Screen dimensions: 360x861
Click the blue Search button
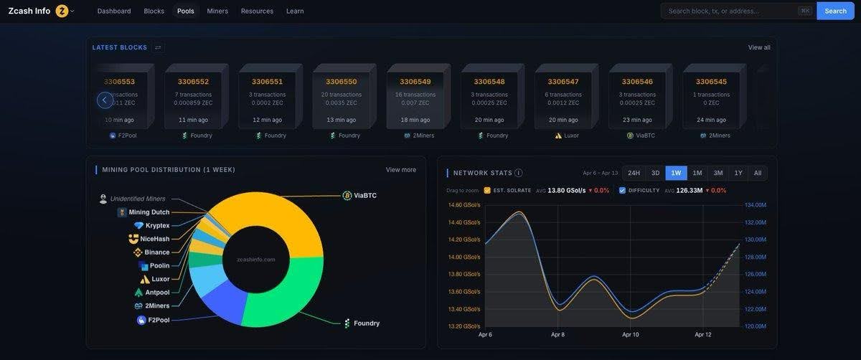click(835, 11)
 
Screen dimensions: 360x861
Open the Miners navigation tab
click(218, 11)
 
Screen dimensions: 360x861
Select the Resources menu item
click(257, 11)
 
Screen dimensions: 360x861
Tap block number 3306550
click(341, 82)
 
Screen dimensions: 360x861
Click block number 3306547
click(563, 82)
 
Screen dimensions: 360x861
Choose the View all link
click(759, 47)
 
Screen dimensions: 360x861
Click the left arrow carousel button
click(105, 100)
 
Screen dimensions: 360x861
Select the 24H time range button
click(634, 173)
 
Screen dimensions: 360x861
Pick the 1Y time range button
click(738, 173)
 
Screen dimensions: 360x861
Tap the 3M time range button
click(717, 173)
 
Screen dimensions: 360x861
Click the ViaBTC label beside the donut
click(364, 195)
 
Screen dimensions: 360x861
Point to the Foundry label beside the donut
click(366, 323)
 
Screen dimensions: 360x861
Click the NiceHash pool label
click(155, 239)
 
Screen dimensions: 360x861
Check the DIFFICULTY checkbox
click(622, 191)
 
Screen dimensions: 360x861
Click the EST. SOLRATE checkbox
click(487, 191)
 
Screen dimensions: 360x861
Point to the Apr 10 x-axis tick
click(631, 334)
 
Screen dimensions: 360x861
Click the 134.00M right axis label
click(756, 205)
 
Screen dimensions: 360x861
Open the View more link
click(400, 170)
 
